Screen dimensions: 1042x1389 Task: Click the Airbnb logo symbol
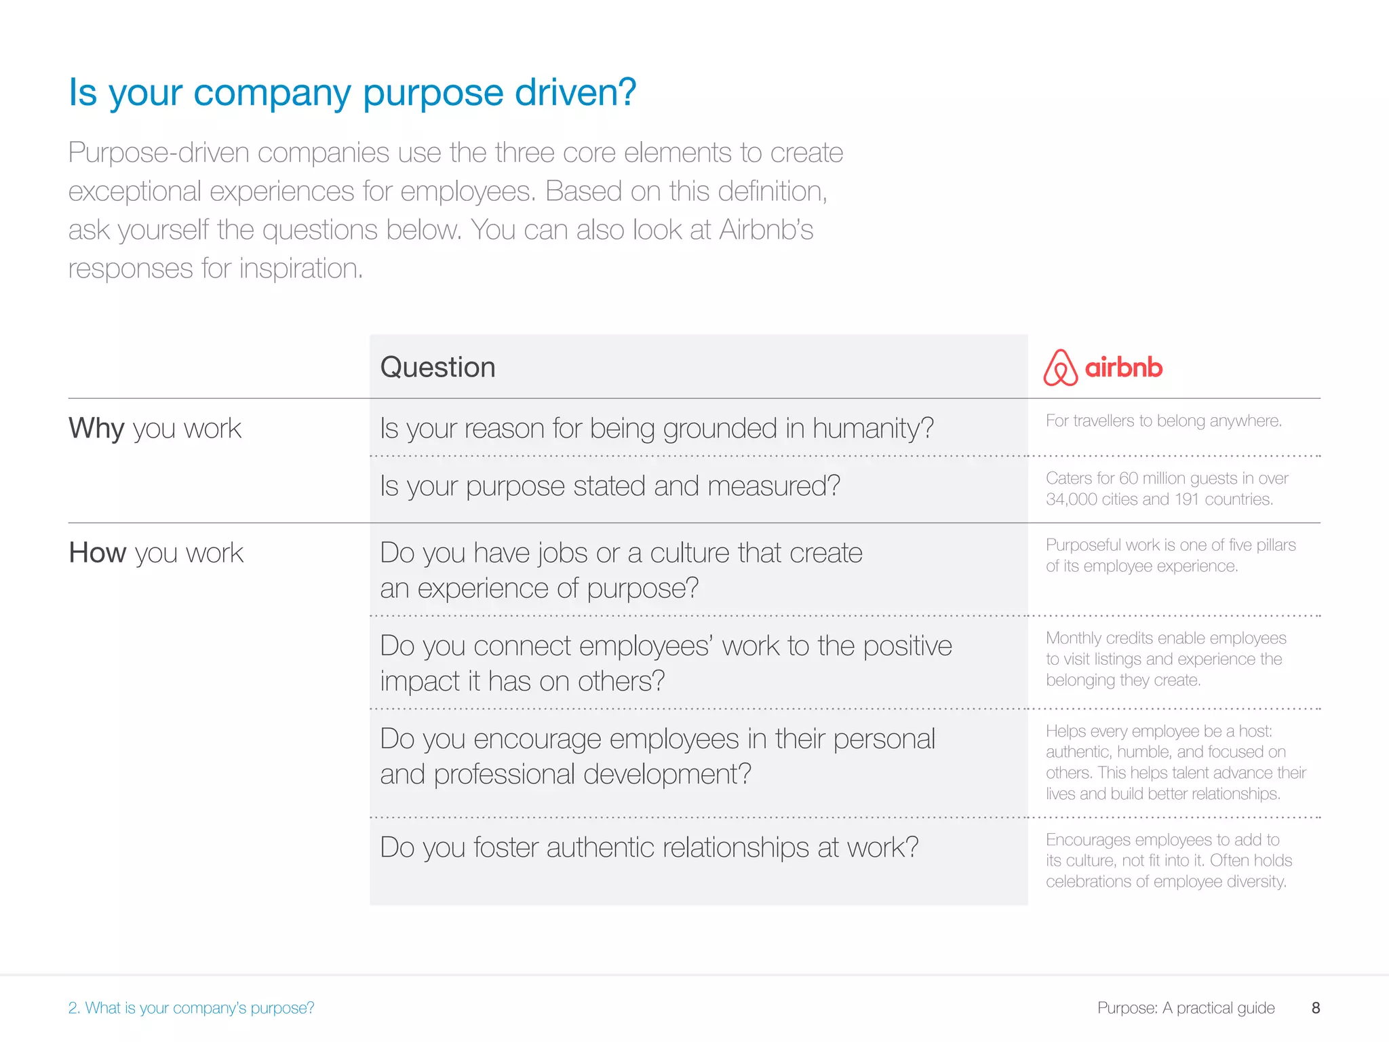(1060, 368)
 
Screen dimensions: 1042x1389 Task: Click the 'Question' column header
(437, 367)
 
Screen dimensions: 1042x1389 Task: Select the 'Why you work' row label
(155, 429)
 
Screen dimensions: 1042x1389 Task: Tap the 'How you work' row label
(156, 553)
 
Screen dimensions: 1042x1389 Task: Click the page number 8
(1316, 1008)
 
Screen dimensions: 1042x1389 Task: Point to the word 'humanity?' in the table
(873, 429)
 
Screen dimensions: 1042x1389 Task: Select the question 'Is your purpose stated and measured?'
(610, 486)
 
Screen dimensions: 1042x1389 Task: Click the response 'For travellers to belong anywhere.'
(1163, 421)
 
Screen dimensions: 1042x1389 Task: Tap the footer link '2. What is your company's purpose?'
(191, 1008)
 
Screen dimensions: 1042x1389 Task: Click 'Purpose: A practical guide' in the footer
(1186, 1008)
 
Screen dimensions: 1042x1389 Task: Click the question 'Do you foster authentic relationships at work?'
(649, 847)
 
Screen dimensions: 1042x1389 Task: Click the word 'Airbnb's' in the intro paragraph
(766, 230)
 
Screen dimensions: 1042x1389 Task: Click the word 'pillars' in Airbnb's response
(1274, 545)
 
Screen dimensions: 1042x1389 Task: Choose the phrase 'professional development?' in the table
(592, 774)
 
